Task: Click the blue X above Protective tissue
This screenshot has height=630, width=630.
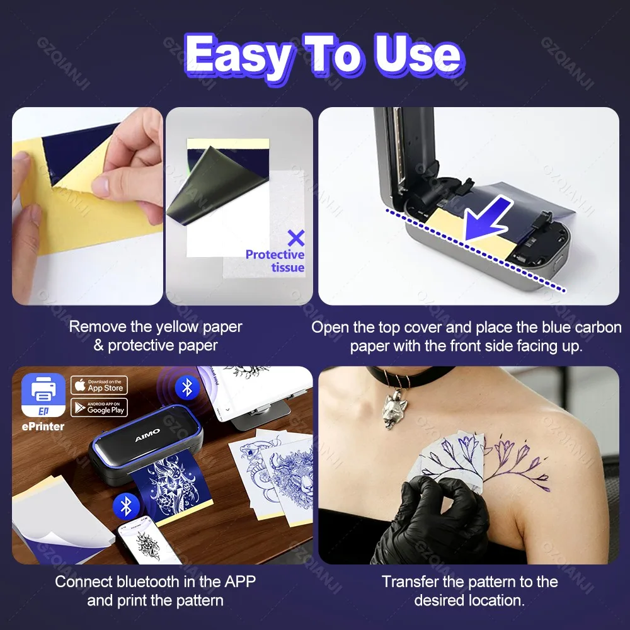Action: tap(295, 238)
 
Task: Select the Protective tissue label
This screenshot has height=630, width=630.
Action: tap(275, 261)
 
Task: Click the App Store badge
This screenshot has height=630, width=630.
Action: tap(99, 385)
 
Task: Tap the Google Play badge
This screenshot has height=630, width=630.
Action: tap(99, 407)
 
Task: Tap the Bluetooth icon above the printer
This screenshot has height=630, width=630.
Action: tap(186, 387)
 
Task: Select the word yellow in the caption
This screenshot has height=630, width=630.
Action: tap(180, 327)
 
